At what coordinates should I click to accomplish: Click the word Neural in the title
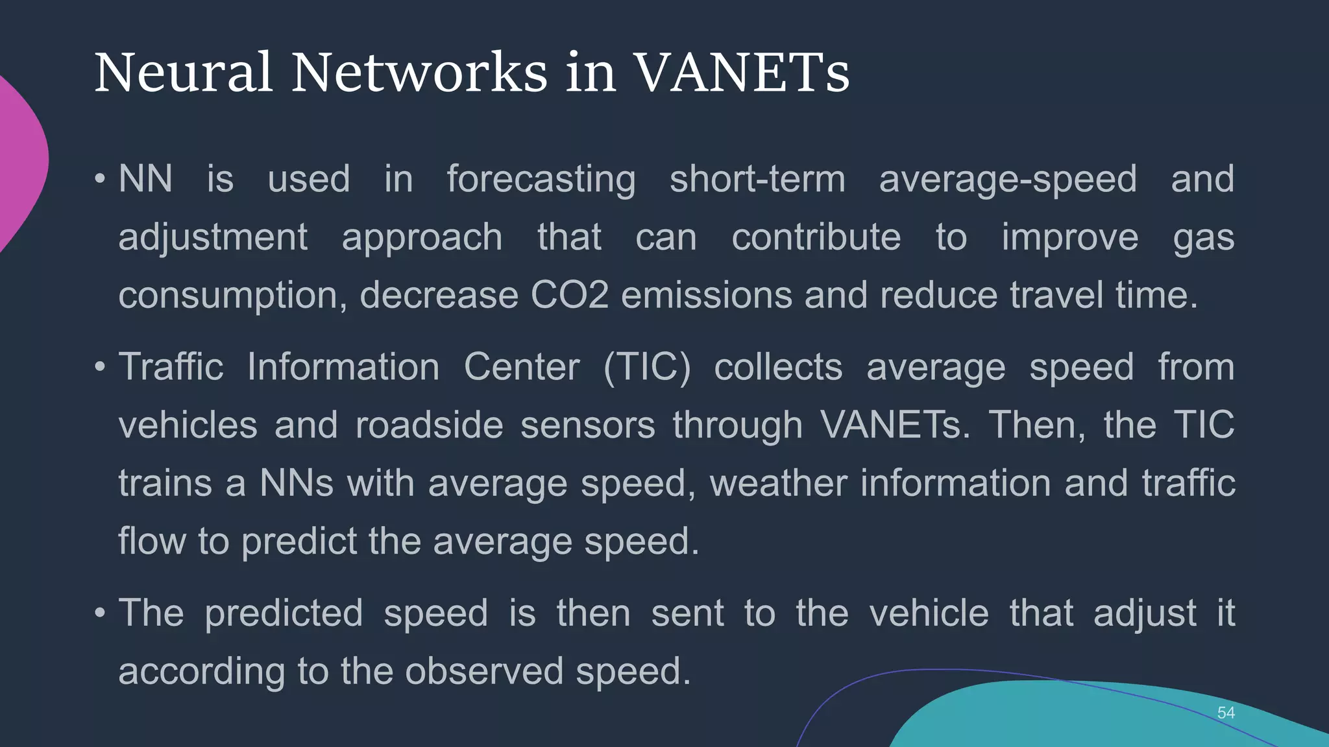coord(183,73)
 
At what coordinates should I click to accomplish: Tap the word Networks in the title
coord(419,73)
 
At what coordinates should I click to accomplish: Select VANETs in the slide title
coord(741,73)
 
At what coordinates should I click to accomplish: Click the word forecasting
coord(541,180)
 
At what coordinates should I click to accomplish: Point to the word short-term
coord(757,179)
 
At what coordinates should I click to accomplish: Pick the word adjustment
coord(213,237)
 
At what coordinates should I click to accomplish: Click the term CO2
coord(570,295)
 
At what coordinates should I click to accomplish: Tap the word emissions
coord(707,295)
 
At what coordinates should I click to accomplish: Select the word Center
coord(522,367)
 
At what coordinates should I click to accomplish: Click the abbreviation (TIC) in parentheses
coord(647,367)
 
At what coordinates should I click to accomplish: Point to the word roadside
coord(429,425)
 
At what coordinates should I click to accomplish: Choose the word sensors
coord(587,425)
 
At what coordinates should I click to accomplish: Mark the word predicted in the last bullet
coord(284,613)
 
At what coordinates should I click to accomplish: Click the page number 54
coord(1226,713)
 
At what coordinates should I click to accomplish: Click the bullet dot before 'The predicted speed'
coord(100,613)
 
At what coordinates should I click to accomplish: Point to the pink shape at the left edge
coord(19,162)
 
